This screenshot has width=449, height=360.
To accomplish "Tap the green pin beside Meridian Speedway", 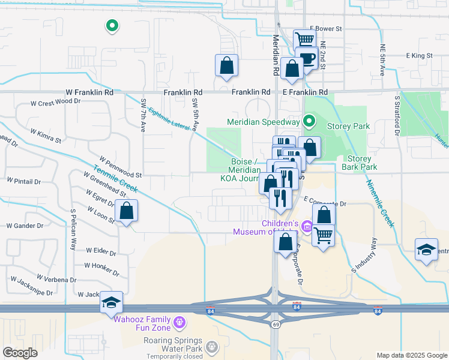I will [309, 122].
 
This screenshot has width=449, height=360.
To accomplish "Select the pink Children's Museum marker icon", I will [307, 226].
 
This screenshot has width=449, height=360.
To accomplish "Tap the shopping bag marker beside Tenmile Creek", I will [126, 211].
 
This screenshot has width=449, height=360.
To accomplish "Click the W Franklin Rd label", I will [89, 92].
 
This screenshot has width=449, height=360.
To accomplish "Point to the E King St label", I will [419, 55].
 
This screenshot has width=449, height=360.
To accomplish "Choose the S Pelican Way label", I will [74, 229].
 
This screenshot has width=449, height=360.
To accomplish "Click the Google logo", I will [20, 352].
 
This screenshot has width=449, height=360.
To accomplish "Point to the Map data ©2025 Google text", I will [411, 355].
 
